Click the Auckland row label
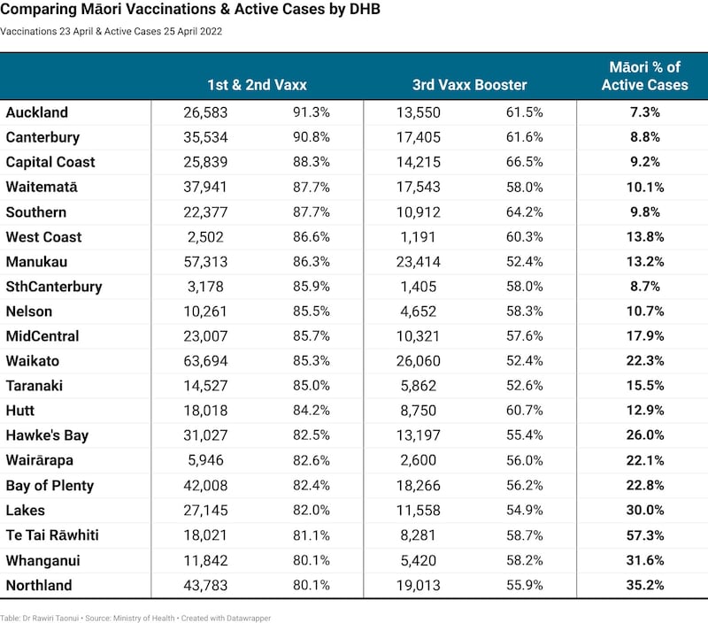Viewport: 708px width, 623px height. (36, 112)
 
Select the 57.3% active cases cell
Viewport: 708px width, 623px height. (645, 535)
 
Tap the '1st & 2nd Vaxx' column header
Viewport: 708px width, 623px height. (257, 85)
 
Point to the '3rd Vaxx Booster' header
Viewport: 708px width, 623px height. (470, 85)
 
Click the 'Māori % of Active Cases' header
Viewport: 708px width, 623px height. (645, 76)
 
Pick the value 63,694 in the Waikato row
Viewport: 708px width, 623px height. (205, 361)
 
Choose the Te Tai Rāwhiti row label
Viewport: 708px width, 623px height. (52, 535)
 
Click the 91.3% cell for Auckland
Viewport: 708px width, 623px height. (312, 112)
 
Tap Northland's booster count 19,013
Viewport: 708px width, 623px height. (418, 585)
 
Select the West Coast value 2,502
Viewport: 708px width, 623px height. (205, 237)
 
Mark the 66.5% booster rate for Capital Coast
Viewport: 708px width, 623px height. (524, 162)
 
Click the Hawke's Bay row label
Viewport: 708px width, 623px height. (47, 435)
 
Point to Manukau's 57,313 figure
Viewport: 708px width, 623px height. (205, 262)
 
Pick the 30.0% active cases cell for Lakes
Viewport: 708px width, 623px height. (645, 510)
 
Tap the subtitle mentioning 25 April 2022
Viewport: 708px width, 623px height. (112, 32)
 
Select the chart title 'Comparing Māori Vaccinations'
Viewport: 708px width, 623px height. (190, 9)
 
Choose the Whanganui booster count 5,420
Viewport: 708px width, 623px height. (418, 560)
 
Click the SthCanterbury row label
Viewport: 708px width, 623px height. (54, 287)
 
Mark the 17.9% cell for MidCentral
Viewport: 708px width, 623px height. (645, 336)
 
